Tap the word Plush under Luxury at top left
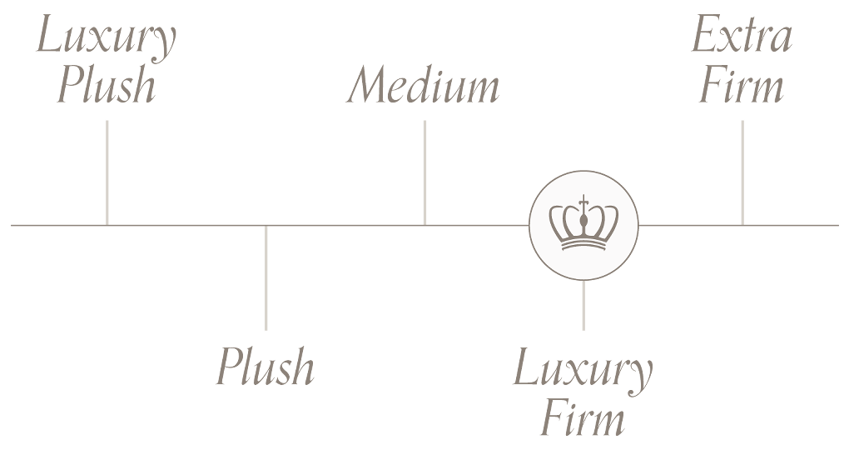click(x=107, y=86)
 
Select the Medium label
click(x=424, y=86)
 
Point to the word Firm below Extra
click(x=742, y=86)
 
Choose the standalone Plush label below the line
click(x=266, y=366)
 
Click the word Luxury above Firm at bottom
click(x=583, y=369)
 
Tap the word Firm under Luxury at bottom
click(x=583, y=419)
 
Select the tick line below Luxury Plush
click(x=107, y=172)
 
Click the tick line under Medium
click(x=424, y=172)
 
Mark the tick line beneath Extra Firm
click(x=742, y=172)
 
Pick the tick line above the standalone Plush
click(x=266, y=277)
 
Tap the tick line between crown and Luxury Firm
click(x=583, y=305)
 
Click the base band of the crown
click(x=583, y=244)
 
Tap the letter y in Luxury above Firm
click(x=639, y=377)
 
